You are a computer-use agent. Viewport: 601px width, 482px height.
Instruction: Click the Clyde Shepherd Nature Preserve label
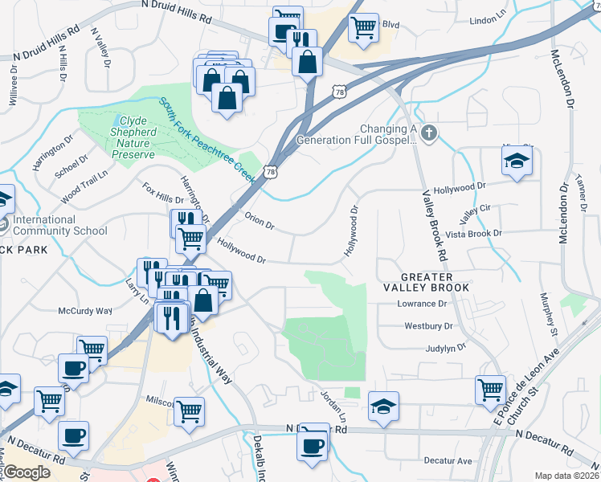128,132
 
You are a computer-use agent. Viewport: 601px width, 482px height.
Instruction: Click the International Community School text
60,225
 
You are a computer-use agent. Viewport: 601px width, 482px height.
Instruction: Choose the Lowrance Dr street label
422,304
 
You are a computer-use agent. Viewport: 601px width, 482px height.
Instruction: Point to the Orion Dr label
259,221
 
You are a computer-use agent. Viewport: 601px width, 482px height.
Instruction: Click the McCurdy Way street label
84,310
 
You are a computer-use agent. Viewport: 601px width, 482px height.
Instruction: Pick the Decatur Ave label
448,461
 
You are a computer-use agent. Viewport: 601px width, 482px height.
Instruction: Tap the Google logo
27,472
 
